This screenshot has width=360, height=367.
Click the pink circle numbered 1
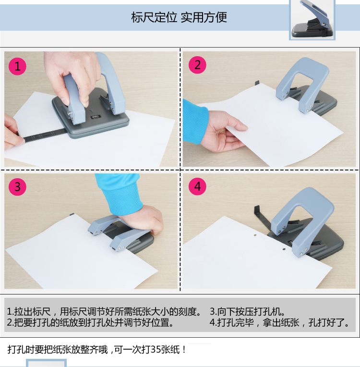pyautogui.click(x=17, y=66)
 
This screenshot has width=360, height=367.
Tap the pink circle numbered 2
pyautogui.click(x=197, y=65)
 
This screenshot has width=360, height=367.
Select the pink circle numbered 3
pyautogui.click(x=17, y=187)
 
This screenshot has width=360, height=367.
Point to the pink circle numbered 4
pyautogui.click(x=197, y=186)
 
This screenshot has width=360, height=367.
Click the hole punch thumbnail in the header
pyautogui.click(x=312, y=20)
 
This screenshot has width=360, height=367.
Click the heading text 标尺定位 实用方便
pyautogui.click(x=179, y=17)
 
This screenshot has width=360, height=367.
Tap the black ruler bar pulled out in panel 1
pyautogui.click(x=43, y=135)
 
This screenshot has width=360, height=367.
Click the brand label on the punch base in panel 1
pyautogui.click(x=96, y=117)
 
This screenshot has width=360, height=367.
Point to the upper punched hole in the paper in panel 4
pyautogui.click(x=255, y=234)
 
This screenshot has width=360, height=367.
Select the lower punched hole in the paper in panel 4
pyautogui.click(x=284, y=249)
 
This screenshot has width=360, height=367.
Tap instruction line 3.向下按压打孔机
pyautogui.click(x=247, y=312)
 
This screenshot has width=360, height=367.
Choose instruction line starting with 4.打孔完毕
pyautogui.click(x=279, y=322)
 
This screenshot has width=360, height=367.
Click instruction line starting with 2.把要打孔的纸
pyautogui.click(x=90, y=322)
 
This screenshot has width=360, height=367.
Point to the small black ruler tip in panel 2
pyautogui.click(x=257, y=83)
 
